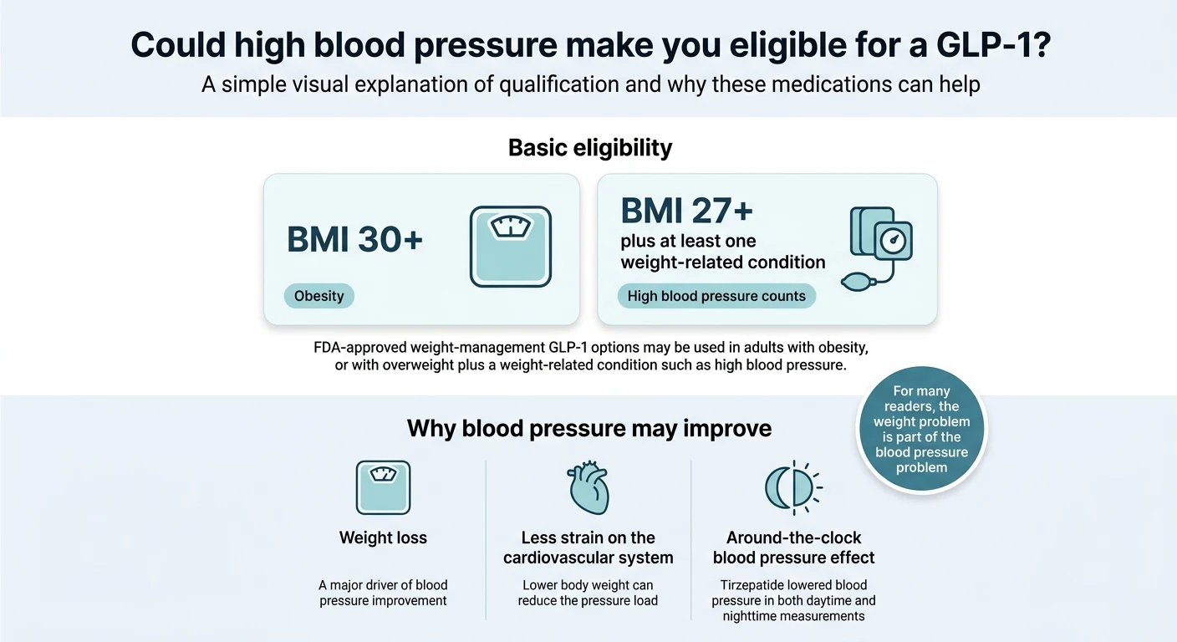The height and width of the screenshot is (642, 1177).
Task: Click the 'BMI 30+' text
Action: [354, 240]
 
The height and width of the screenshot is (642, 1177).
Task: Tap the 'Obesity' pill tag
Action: [318, 296]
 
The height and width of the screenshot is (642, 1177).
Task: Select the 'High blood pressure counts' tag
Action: [716, 296]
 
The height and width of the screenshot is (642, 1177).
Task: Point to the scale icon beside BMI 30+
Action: [510, 247]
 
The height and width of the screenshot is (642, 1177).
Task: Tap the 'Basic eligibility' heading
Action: [589, 148]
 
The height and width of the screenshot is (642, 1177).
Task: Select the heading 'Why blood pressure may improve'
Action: [588, 429]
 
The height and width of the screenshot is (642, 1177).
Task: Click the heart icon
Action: [588, 487]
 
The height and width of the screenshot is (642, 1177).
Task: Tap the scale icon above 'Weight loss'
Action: [383, 487]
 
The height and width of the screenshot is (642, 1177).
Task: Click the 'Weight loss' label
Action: [383, 538]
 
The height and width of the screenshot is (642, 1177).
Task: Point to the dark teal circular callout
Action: [921, 429]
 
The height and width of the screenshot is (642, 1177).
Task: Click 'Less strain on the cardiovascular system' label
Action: [588, 548]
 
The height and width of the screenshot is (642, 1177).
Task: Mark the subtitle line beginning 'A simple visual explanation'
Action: [590, 84]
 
